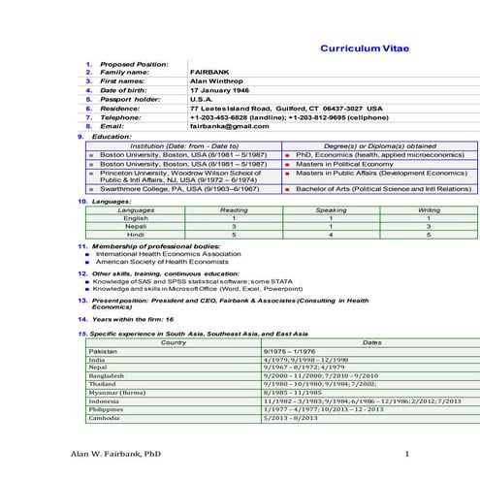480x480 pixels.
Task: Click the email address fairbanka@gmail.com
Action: coord(229,126)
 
